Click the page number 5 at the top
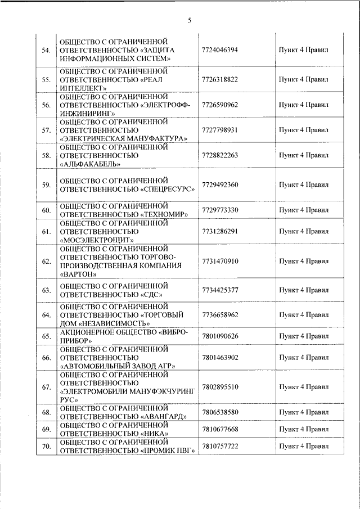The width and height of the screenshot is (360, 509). point(190,21)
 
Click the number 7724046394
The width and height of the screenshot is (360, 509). point(219,49)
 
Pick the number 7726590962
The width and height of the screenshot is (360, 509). point(219,105)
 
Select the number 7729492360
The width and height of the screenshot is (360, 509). point(219,184)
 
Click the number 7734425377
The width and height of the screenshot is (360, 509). point(219,290)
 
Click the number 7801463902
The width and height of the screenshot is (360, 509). point(219,357)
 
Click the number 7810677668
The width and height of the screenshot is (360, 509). point(219,429)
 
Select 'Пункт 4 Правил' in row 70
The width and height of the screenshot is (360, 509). point(303,445)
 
